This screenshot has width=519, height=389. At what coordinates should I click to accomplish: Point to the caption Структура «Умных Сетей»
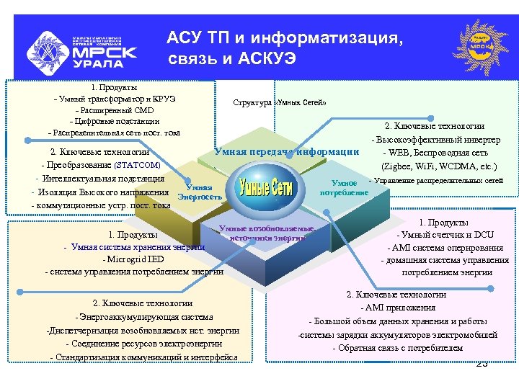pos(280,102)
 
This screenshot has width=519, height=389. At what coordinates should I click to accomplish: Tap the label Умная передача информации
pos(286,151)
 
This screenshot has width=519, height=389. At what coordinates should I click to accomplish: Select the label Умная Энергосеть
pos(196,191)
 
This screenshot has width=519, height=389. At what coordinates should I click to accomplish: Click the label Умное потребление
pos(344,188)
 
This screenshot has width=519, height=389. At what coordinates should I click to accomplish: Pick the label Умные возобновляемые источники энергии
pos(267,233)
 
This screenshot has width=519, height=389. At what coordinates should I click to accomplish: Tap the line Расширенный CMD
pos(115,110)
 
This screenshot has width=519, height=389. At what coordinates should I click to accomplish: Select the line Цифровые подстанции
pos(115,121)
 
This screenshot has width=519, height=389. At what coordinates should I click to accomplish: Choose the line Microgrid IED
pos(133,259)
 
